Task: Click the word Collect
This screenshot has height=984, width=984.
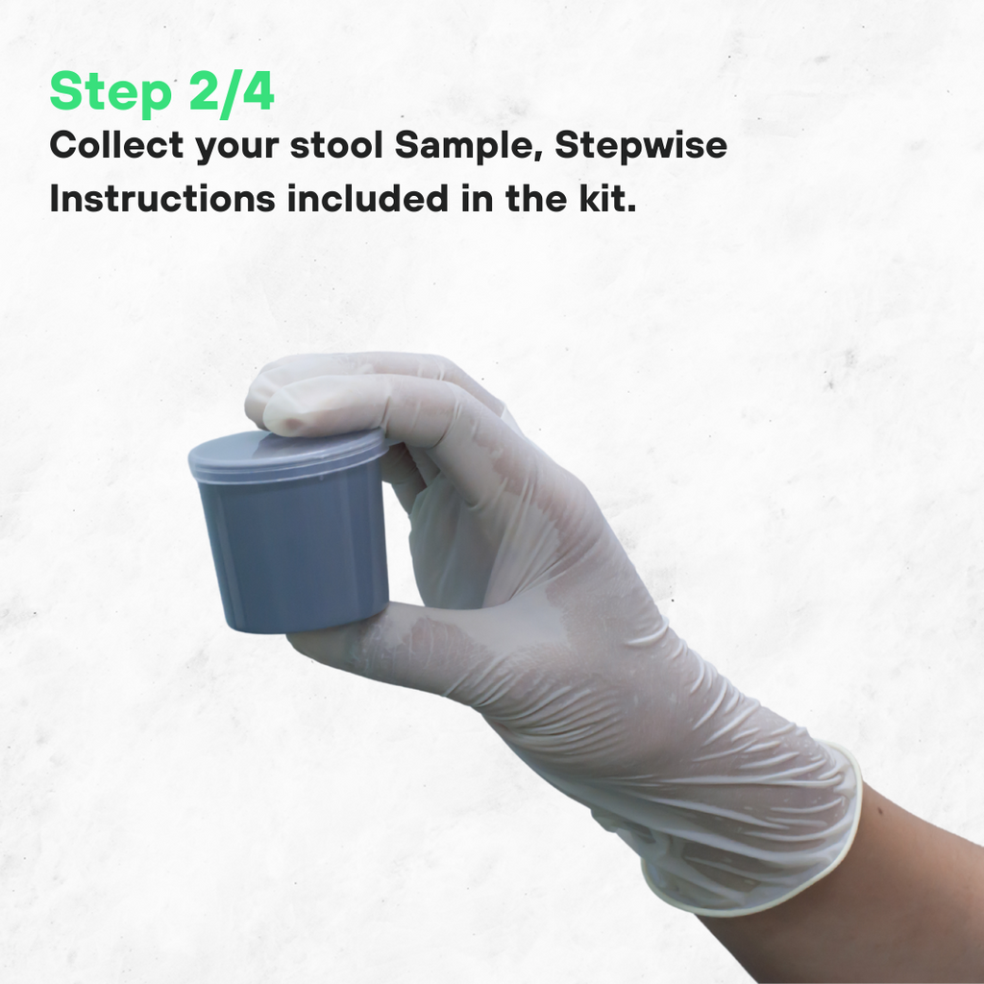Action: (116, 146)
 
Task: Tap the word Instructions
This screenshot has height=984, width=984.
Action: (160, 199)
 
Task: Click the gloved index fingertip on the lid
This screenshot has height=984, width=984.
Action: (288, 413)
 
